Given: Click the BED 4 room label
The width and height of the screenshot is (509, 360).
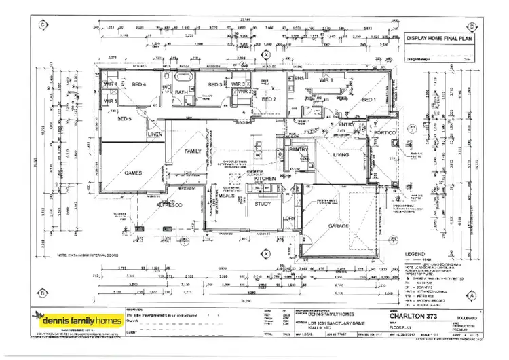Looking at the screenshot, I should point(139,84).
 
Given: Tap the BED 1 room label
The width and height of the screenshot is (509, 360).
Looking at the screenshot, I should point(369,101).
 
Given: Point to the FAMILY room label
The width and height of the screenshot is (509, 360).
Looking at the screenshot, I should point(193,151).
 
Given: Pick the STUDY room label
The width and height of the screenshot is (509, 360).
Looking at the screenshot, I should point(263,204).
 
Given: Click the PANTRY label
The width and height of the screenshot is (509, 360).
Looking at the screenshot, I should point(299,149).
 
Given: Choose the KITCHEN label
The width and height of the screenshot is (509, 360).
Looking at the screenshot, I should point(265,178).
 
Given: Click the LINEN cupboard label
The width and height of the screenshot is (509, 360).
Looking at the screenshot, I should point(155,135).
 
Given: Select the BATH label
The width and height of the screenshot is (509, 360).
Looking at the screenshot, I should point(181,92).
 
